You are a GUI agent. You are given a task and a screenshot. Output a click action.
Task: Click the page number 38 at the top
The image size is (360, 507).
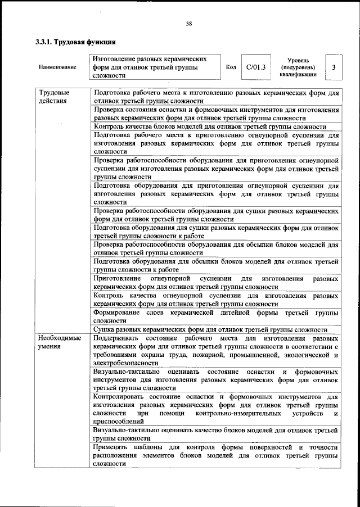(x=189, y=24)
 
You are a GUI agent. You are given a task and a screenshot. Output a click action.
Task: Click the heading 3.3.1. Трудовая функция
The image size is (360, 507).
(x=75, y=42)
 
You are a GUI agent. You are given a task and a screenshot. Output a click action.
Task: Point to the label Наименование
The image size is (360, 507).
(x=57, y=67)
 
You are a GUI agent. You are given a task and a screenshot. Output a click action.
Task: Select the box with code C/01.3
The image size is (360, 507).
(x=255, y=67)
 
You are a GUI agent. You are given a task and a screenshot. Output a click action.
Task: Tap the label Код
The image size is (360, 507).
(x=231, y=67)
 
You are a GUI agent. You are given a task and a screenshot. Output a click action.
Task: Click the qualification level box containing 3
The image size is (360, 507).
(x=334, y=67)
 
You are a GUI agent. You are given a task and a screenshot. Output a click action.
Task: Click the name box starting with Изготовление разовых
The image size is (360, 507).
(x=155, y=67)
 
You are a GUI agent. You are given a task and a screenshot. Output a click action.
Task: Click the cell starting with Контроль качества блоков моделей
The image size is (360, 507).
(x=215, y=127)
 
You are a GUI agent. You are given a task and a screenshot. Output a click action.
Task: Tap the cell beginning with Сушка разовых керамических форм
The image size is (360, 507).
(x=215, y=330)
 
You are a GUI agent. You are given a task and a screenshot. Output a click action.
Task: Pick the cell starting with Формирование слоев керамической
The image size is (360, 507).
(x=215, y=315)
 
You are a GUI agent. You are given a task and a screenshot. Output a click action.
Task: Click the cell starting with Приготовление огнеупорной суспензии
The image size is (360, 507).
(x=215, y=282)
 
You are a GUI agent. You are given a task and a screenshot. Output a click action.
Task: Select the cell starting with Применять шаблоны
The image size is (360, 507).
(x=215, y=455)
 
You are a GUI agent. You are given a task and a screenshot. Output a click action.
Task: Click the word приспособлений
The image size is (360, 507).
(x=119, y=421)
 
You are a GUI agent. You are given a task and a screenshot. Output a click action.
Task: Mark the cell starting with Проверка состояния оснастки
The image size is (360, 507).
(x=215, y=114)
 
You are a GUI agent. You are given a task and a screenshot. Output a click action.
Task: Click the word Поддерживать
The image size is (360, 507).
(x=118, y=338)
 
